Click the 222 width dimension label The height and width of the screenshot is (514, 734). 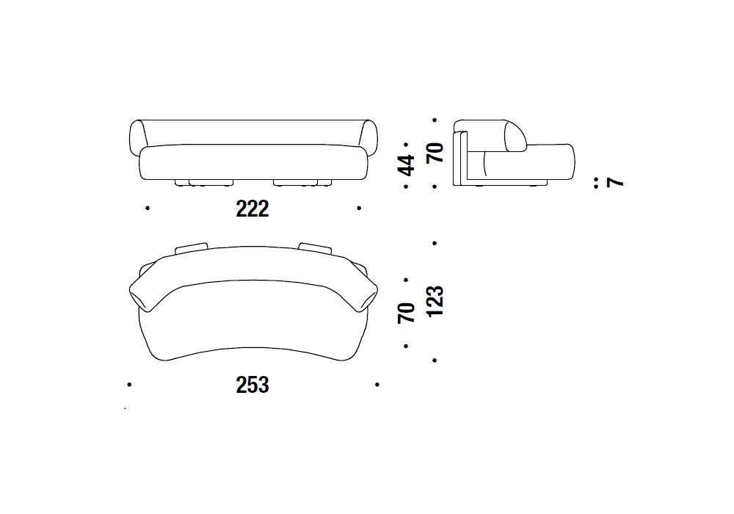tap(252, 209)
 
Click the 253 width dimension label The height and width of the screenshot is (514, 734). tap(252, 385)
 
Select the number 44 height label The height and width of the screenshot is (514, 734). tap(406, 165)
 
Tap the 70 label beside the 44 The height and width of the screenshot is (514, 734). tap(435, 153)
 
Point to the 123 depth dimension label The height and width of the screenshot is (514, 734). tap(435, 302)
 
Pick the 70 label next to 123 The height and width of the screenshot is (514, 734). tap(406, 313)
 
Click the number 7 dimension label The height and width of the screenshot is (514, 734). tap(615, 182)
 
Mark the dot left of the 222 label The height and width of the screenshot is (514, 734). tap(148, 208)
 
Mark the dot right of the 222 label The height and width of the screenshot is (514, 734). tap(359, 208)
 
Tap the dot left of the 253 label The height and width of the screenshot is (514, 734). tap(129, 384)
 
